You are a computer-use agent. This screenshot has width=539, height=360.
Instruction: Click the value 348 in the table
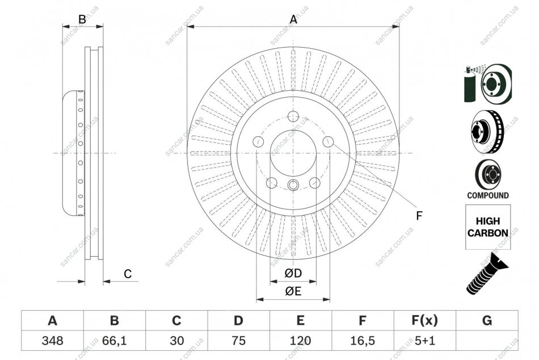[x=52, y=341]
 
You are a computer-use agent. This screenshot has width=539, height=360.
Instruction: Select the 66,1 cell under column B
[x=115, y=341]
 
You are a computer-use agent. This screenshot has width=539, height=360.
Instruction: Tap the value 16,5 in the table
[x=363, y=341]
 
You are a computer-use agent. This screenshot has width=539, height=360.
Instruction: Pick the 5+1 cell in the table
[x=425, y=341]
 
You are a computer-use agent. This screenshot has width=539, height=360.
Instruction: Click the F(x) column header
[x=425, y=320]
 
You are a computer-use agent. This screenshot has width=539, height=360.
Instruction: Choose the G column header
[x=487, y=320]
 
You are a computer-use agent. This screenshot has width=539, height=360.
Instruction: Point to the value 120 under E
[x=301, y=341]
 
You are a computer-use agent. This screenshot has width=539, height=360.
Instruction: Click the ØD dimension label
[x=293, y=273]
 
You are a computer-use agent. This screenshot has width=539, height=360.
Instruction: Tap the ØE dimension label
[x=293, y=291]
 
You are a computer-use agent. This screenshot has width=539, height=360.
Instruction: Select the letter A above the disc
[x=293, y=20]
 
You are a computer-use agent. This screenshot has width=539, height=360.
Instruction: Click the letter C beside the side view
[x=128, y=274]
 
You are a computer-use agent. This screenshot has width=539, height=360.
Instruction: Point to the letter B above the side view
[x=82, y=20]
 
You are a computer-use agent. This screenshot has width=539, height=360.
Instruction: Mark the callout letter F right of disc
[x=419, y=216]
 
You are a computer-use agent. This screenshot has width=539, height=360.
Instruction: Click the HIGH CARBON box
[x=488, y=227]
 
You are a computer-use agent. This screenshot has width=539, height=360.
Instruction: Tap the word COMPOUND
[x=488, y=195]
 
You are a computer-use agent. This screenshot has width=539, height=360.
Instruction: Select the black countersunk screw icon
[x=487, y=273]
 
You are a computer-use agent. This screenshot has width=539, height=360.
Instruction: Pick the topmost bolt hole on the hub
[x=293, y=116]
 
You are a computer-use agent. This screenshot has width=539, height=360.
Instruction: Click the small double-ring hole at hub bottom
[x=293, y=185]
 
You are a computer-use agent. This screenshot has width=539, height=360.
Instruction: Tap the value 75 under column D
[x=238, y=341]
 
